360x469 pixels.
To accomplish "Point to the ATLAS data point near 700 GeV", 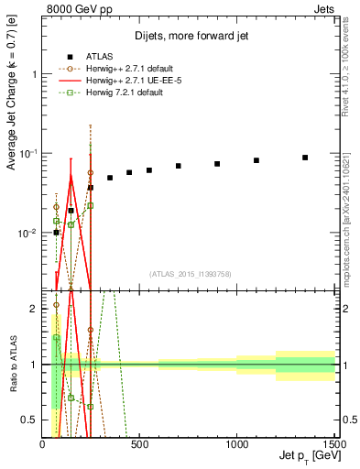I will (x=179, y=166).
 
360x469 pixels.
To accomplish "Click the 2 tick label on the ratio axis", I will (x=35, y=309).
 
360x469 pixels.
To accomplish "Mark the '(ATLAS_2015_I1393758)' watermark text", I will (x=189, y=272).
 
